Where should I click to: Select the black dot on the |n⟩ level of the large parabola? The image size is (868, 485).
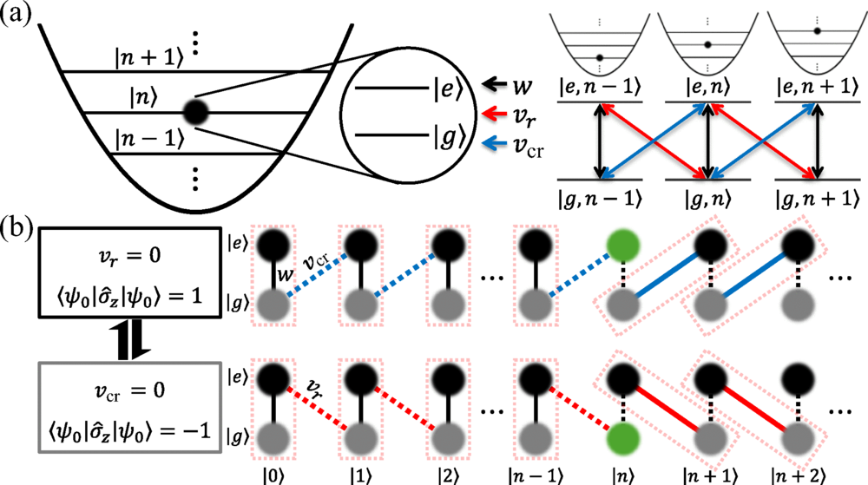[196, 113]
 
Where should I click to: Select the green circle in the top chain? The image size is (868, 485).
[623, 248]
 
